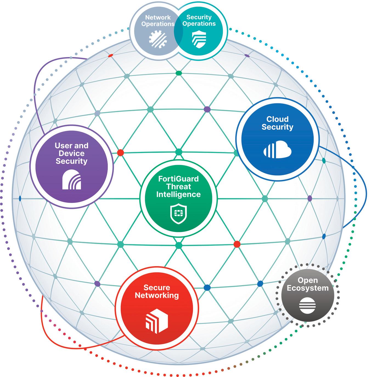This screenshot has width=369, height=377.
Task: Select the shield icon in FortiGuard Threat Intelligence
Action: [178, 213]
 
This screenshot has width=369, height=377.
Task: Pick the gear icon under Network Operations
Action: [158, 38]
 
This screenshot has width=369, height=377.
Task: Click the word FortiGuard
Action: [178, 179]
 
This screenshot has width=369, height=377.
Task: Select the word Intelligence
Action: [178, 194]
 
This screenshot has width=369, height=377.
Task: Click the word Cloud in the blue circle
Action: [277, 119]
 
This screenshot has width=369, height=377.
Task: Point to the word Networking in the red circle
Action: [157, 295]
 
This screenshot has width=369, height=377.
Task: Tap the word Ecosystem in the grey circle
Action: [307, 288]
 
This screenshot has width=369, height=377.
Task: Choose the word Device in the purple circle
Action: [72, 153]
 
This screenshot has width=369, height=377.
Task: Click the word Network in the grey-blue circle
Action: [158, 17]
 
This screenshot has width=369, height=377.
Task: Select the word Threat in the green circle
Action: [178, 187]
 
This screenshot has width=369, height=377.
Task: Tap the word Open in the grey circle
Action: [307, 280]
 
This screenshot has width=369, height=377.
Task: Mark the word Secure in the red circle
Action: [157, 287]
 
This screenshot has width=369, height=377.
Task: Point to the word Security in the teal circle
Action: [199, 17]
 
